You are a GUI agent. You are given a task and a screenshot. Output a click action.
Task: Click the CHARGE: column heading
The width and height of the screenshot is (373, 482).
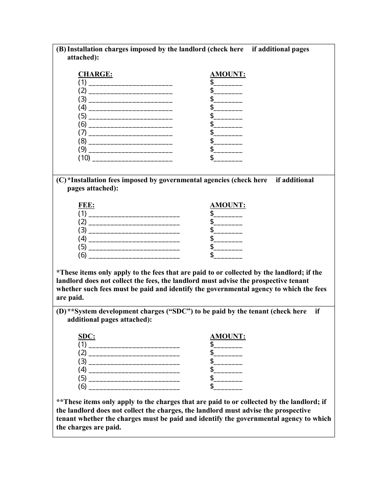click(x=95, y=74)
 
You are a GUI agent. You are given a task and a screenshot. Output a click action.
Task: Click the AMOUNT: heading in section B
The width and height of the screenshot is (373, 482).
click(x=228, y=74)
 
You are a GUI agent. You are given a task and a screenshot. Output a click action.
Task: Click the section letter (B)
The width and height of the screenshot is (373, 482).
click(x=61, y=49)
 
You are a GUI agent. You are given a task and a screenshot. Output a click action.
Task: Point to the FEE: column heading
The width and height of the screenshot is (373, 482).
click(x=86, y=205)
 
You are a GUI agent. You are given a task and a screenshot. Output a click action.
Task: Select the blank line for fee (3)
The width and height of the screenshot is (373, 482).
click(x=134, y=230)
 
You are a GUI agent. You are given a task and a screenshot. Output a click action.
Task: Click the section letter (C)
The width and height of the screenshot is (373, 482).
click(x=61, y=180)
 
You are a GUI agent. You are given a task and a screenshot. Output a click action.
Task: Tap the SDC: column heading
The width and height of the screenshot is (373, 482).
click(x=87, y=336)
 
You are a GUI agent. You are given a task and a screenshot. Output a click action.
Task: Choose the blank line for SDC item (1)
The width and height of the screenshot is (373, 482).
click(x=134, y=345)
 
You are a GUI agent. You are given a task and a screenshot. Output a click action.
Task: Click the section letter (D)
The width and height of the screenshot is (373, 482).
click(x=61, y=311)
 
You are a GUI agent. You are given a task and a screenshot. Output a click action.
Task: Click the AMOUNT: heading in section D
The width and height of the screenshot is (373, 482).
click(x=228, y=336)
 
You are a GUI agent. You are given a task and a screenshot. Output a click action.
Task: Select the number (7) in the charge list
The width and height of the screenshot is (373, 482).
click(x=82, y=133)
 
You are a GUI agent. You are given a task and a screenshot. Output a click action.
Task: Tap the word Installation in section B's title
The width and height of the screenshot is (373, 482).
click(x=86, y=49)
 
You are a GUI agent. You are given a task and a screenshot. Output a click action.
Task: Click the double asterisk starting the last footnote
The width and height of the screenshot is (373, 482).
click(x=60, y=402)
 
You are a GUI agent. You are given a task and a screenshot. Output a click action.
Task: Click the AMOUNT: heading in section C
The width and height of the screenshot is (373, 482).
click(x=228, y=205)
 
